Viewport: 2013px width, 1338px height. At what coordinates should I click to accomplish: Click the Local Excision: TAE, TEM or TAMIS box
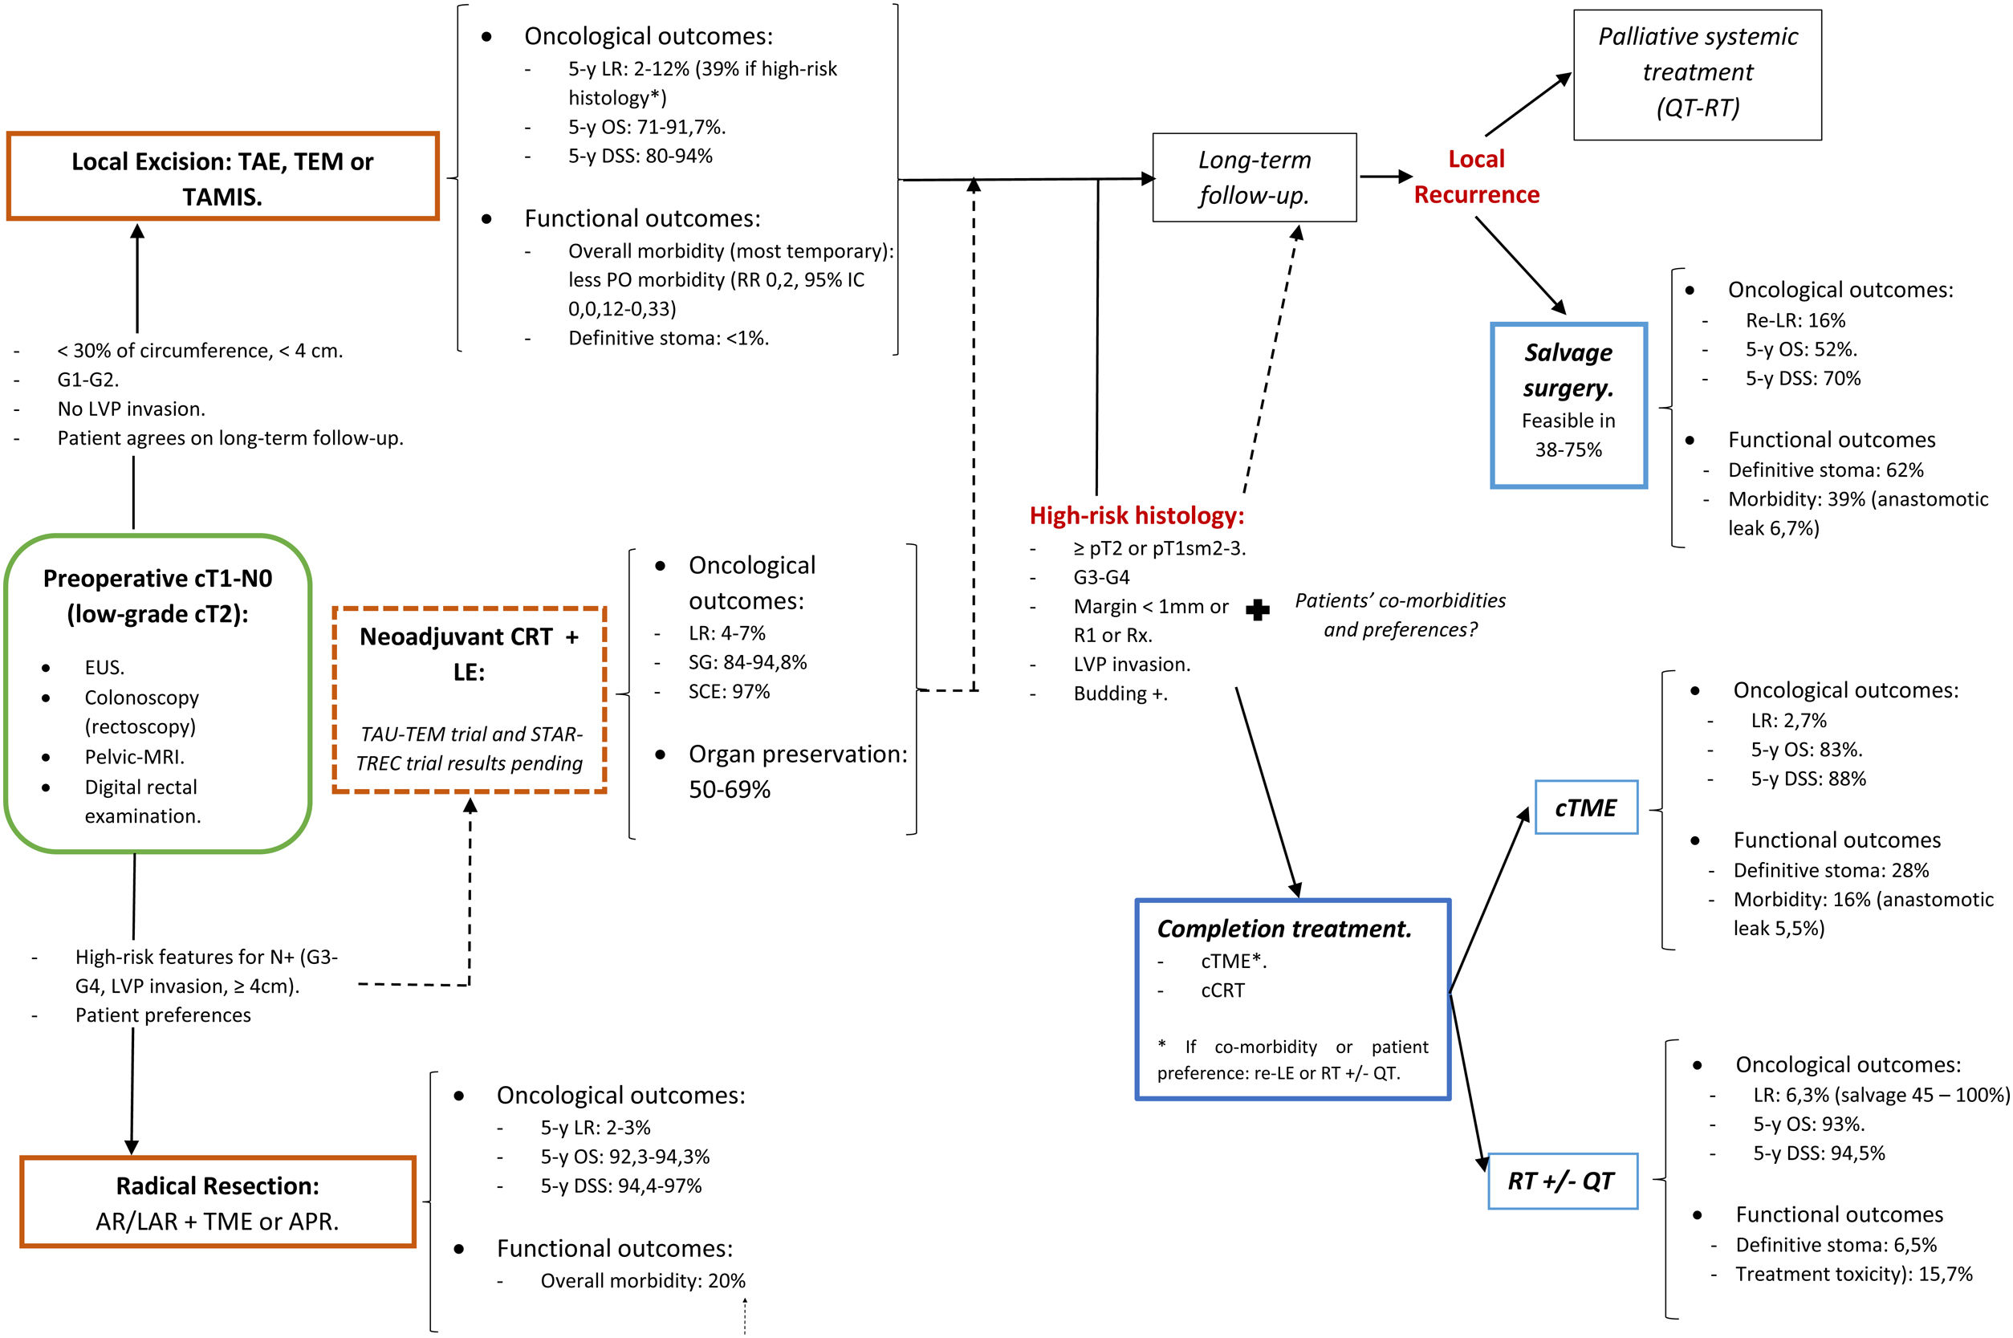[x=222, y=177]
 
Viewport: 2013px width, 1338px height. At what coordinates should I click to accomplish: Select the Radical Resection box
[x=218, y=1202]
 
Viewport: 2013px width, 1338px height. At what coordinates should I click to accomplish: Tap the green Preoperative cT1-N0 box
[x=158, y=693]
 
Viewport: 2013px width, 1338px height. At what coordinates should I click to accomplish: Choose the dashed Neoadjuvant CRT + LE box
[x=470, y=700]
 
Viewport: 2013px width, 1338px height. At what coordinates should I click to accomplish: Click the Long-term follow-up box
[x=1254, y=177]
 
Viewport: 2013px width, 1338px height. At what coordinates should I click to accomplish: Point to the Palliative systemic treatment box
[x=1697, y=73]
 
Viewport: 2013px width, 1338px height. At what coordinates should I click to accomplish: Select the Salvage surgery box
[x=1568, y=405]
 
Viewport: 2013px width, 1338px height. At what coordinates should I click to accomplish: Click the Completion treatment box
[x=1292, y=999]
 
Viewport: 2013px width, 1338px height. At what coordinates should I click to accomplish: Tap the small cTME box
[x=1585, y=807]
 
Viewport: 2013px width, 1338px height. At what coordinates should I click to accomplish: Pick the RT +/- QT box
[x=1562, y=1181]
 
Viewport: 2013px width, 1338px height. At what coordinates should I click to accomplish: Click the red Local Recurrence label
[x=1476, y=177]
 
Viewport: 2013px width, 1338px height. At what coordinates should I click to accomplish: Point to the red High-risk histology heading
[x=1137, y=515]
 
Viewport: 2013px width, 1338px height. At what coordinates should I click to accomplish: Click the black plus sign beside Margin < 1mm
[x=1257, y=609]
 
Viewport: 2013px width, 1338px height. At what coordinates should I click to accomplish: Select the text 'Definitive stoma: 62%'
[x=1825, y=470]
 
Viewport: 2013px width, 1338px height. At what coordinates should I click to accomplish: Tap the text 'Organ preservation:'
[x=798, y=754]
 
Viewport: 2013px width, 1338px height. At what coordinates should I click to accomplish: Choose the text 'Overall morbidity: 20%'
[x=643, y=1281]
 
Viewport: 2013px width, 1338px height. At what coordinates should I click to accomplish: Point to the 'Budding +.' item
[x=1120, y=693]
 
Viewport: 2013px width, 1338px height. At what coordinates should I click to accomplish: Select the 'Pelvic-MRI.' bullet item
[x=134, y=757]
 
